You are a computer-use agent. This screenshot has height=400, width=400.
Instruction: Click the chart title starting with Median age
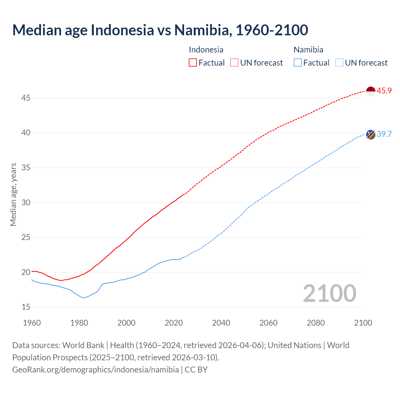pos(160,30)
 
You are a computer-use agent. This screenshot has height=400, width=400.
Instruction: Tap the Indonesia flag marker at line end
pos(370,91)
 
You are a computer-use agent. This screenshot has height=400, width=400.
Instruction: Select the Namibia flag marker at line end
pos(370,134)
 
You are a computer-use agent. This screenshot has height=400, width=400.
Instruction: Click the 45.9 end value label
pos(384,91)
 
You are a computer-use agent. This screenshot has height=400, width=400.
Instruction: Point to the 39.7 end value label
pos(384,134)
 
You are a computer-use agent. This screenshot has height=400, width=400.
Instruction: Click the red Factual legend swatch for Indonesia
pos(193,63)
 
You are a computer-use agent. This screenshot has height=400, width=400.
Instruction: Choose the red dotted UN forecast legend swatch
pos(234,63)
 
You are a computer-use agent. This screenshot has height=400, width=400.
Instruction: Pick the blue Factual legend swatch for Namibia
pos(298,63)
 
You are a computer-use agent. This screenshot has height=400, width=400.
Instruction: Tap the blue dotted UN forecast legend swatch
pos(339,63)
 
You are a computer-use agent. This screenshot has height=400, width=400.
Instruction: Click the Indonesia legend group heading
pos(206,50)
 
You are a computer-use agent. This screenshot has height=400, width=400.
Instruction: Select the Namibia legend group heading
pos(308,50)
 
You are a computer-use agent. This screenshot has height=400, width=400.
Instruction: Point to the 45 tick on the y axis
pos(26,98)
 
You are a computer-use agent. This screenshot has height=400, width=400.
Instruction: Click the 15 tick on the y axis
pos(26,307)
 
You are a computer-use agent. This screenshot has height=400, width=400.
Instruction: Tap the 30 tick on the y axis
pos(26,202)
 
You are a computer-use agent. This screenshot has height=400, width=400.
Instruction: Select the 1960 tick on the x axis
pos(32,323)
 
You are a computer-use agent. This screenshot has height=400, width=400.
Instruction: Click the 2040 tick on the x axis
pos(221,323)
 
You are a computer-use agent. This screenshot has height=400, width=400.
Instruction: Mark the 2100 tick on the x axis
pos(363,323)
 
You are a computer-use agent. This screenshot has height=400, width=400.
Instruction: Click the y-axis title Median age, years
pos(13,194)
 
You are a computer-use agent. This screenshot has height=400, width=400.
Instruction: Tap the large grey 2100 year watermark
pos(329,293)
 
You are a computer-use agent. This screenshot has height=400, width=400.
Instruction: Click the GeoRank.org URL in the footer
pos(96,370)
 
